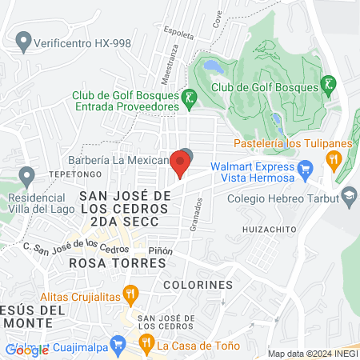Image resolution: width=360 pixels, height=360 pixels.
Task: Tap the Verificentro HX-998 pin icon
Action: point(24,39)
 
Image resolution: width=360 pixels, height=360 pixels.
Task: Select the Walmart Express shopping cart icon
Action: point(304,169)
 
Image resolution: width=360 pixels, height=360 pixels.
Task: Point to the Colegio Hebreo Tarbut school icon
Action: point(350,195)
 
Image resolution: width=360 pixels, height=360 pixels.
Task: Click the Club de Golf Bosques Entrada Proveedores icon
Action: point(189,98)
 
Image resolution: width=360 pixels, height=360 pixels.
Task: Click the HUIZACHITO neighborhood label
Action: point(266,229)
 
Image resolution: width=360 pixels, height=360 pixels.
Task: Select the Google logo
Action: point(26,350)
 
